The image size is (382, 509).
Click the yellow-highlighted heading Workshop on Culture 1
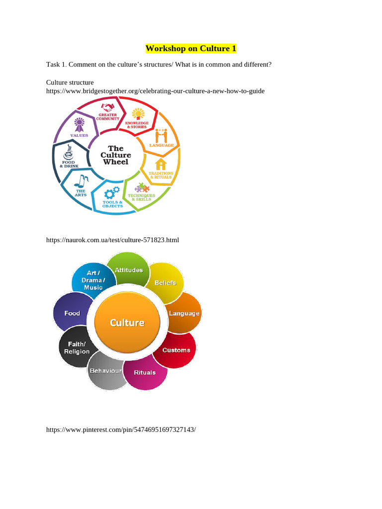click(191, 49)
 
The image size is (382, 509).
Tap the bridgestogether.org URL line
click(155, 91)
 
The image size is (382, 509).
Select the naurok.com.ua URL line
click(112, 240)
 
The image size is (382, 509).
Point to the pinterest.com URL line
click(121, 429)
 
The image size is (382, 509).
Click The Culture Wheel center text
click(115, 155)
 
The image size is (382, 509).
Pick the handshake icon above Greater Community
click(108, 107)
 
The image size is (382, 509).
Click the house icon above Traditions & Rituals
click(161, 164)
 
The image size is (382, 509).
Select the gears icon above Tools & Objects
click(112, 191)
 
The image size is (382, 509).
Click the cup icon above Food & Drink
click(69, 149)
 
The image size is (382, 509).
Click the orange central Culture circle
click(127, 323)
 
